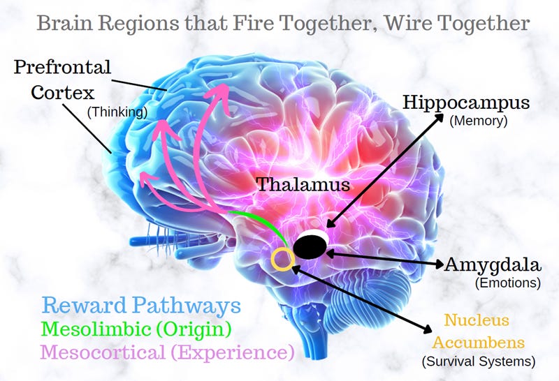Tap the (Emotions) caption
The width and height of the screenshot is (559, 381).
[x=508, y=283]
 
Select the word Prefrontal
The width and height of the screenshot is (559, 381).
[x=62, y=68]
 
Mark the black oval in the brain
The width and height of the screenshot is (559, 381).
[x=311, y=246]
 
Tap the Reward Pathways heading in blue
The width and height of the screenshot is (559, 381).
[x=141, y=306]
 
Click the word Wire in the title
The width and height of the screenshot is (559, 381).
[x=398, y=23]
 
